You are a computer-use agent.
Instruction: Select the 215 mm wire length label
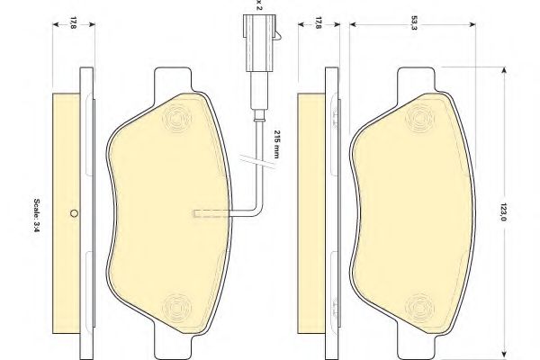[x=276, y=144]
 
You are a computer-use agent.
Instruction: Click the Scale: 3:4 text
[x=37, y=215]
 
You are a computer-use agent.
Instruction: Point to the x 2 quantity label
[x=259, y=4]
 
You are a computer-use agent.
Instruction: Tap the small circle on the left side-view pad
[x=74, y=213]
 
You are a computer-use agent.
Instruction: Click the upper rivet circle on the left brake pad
[x=177, y=118]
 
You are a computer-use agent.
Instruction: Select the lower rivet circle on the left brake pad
[x=177, y=307]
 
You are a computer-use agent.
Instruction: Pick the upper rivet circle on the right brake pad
[x=419, y=118]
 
